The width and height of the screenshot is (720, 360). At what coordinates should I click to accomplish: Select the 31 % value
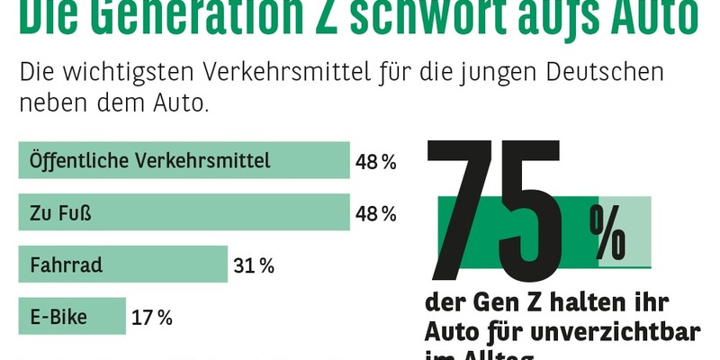[x=255, y=265]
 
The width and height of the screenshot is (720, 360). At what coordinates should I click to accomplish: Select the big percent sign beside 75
[x=609, y=232]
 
